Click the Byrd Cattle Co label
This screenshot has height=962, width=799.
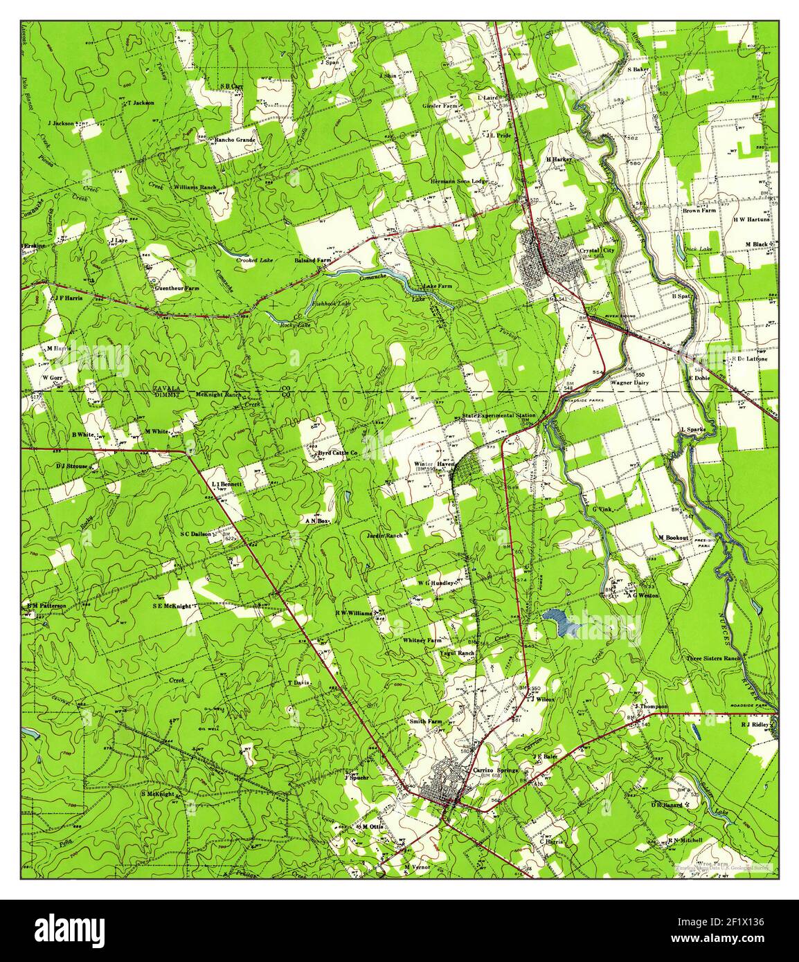click(x=337, y=453)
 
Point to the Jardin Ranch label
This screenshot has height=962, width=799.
click(x=385, y=535)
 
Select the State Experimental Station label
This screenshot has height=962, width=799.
click(x=499, y=415)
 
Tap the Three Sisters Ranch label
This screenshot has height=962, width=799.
click(x=713, y=658)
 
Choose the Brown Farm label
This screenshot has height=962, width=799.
click(x=699, y=210)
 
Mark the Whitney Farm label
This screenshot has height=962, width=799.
click(x=422, y=641)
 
